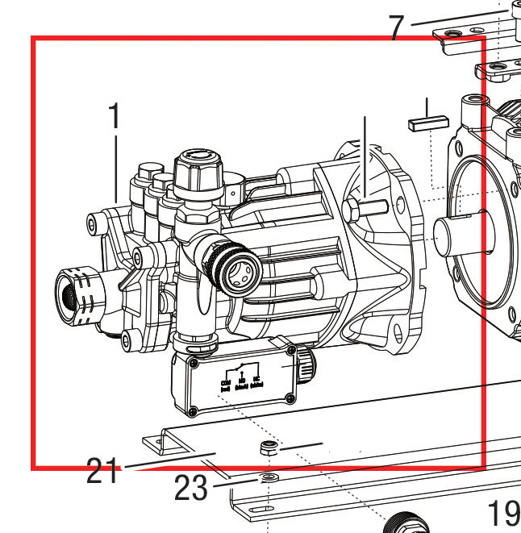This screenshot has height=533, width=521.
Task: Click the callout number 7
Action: pos(396,27)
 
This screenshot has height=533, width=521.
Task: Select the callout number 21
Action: pos(102,471)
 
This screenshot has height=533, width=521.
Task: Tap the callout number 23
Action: pos(190,489)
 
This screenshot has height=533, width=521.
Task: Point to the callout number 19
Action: pos(504,512)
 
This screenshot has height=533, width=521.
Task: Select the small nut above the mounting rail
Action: pos(267,448)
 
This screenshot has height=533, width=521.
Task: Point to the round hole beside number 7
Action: pos(450,34)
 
